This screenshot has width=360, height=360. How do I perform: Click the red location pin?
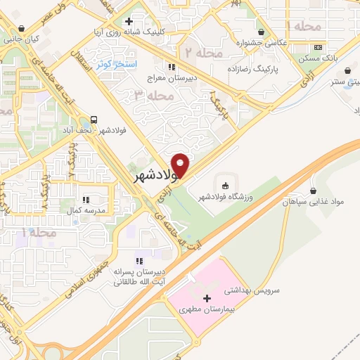[181, 165]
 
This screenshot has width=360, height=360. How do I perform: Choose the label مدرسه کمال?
[85, 210]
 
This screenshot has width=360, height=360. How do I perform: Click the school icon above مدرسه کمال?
[86, 200]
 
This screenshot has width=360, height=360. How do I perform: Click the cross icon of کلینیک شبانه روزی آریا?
[129, 22]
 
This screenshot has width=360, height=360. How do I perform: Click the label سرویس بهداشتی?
[257, 290]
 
